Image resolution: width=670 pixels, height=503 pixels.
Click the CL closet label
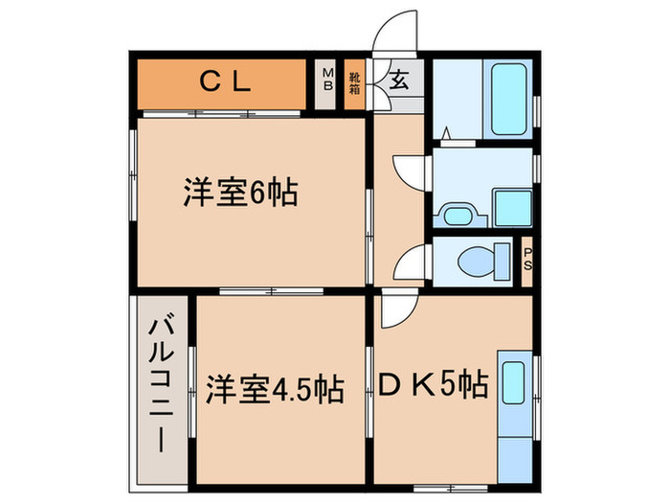tap(226, 82)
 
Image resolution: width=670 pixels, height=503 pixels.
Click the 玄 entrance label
tap(396, 80)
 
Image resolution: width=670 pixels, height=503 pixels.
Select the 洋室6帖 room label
tap(239, 194)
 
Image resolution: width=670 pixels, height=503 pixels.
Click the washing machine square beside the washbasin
tap(512, 205)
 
